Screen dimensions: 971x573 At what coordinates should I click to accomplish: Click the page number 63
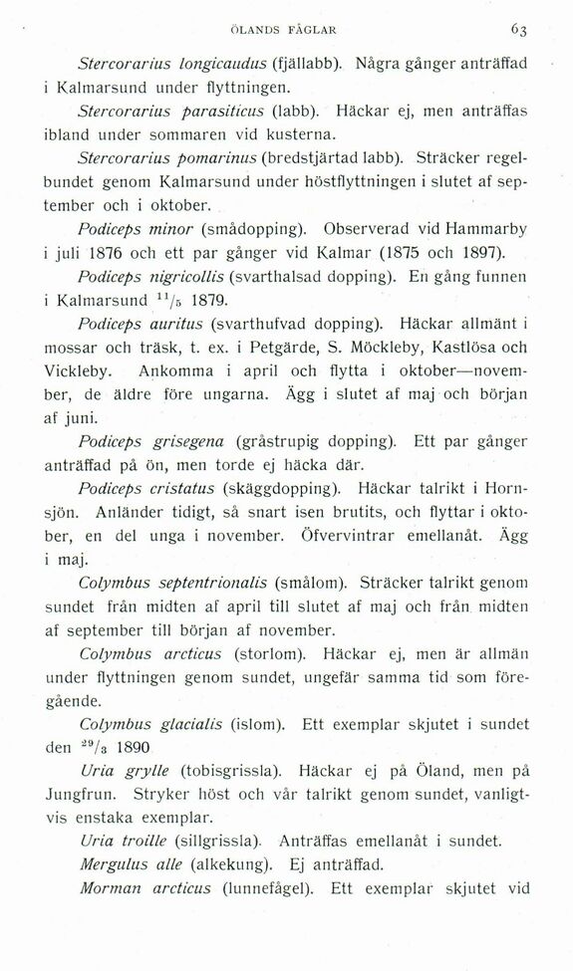click(x=544, y=28)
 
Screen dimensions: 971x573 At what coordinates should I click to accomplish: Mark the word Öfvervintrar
click(x=361, y=536)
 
